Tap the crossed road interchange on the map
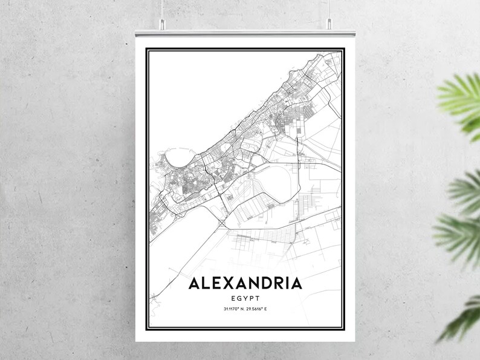(x=224, y=224)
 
